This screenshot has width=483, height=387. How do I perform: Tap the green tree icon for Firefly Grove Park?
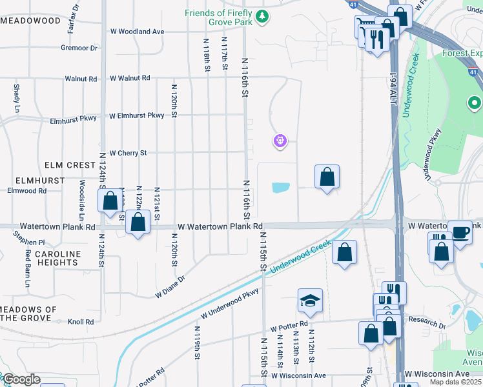(x=262, y=17)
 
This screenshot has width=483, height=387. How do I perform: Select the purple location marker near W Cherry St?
(x=280, y=140)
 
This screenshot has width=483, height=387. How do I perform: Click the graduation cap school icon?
(x=310, y=301)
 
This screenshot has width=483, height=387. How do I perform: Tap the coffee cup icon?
(x=460, y=232)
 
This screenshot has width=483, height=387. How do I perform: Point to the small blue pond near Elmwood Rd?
(x=281, y=188)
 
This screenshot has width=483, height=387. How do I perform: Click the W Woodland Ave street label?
(x=137, y=32)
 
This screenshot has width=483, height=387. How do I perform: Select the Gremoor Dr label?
(x=79, y=48)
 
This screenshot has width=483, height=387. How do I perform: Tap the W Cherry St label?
(x=128, y=154)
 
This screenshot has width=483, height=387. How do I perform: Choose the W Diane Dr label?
(x=170, y=288)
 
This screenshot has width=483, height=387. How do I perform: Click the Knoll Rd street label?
(x=81, y=321)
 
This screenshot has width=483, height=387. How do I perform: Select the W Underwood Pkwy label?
(x=229, y=307)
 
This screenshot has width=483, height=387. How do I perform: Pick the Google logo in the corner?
(x=21, y=379)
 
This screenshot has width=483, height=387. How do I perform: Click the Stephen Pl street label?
(x=28, y=243)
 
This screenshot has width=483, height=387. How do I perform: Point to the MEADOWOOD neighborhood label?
(x=31, y=21)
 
